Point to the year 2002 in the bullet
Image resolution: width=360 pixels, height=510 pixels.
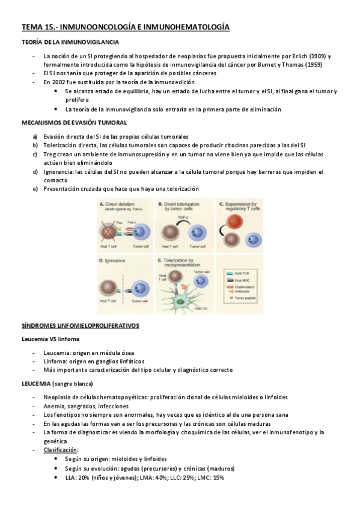tap(56, 82)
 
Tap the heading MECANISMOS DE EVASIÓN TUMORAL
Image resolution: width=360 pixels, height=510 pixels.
tap(74, 121)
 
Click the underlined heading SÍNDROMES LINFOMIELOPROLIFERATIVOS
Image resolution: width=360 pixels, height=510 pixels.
tap(80, 325)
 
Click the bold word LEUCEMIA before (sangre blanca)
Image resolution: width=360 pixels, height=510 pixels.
tap(36, 383)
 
